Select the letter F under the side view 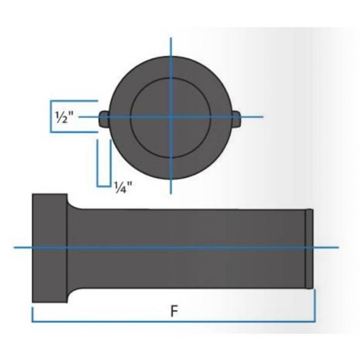click(x=174, y=311)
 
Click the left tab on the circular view click(x=104, y=119)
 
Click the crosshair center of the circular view click(x=171, y=117)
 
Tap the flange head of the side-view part click(x=50, y=248)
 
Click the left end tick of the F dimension click(x=32, y=314)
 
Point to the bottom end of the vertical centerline click(x=171, y=193)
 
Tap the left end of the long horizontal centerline click(x=14, y=248)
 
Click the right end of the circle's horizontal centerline click(x=262, y=117)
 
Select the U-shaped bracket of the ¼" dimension click(x=104, y=186)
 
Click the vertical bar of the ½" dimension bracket click(x=51, y=117)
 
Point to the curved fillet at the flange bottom click(x=72, y=292)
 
